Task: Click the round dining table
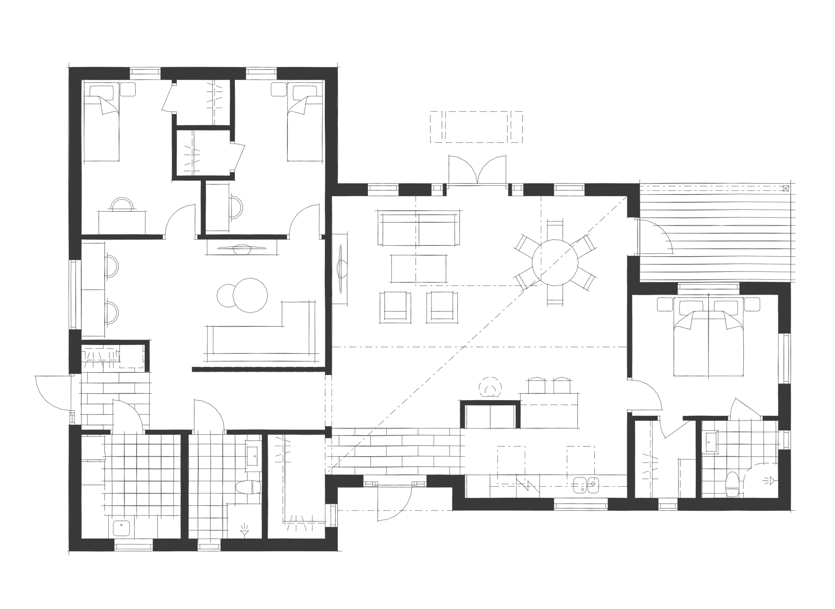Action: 554,262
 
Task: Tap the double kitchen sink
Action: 586,484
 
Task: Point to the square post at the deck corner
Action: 785,189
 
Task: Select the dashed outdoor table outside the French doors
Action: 477,127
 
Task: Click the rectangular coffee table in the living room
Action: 419,268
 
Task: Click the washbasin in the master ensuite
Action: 711,442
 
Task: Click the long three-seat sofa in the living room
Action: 418,228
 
